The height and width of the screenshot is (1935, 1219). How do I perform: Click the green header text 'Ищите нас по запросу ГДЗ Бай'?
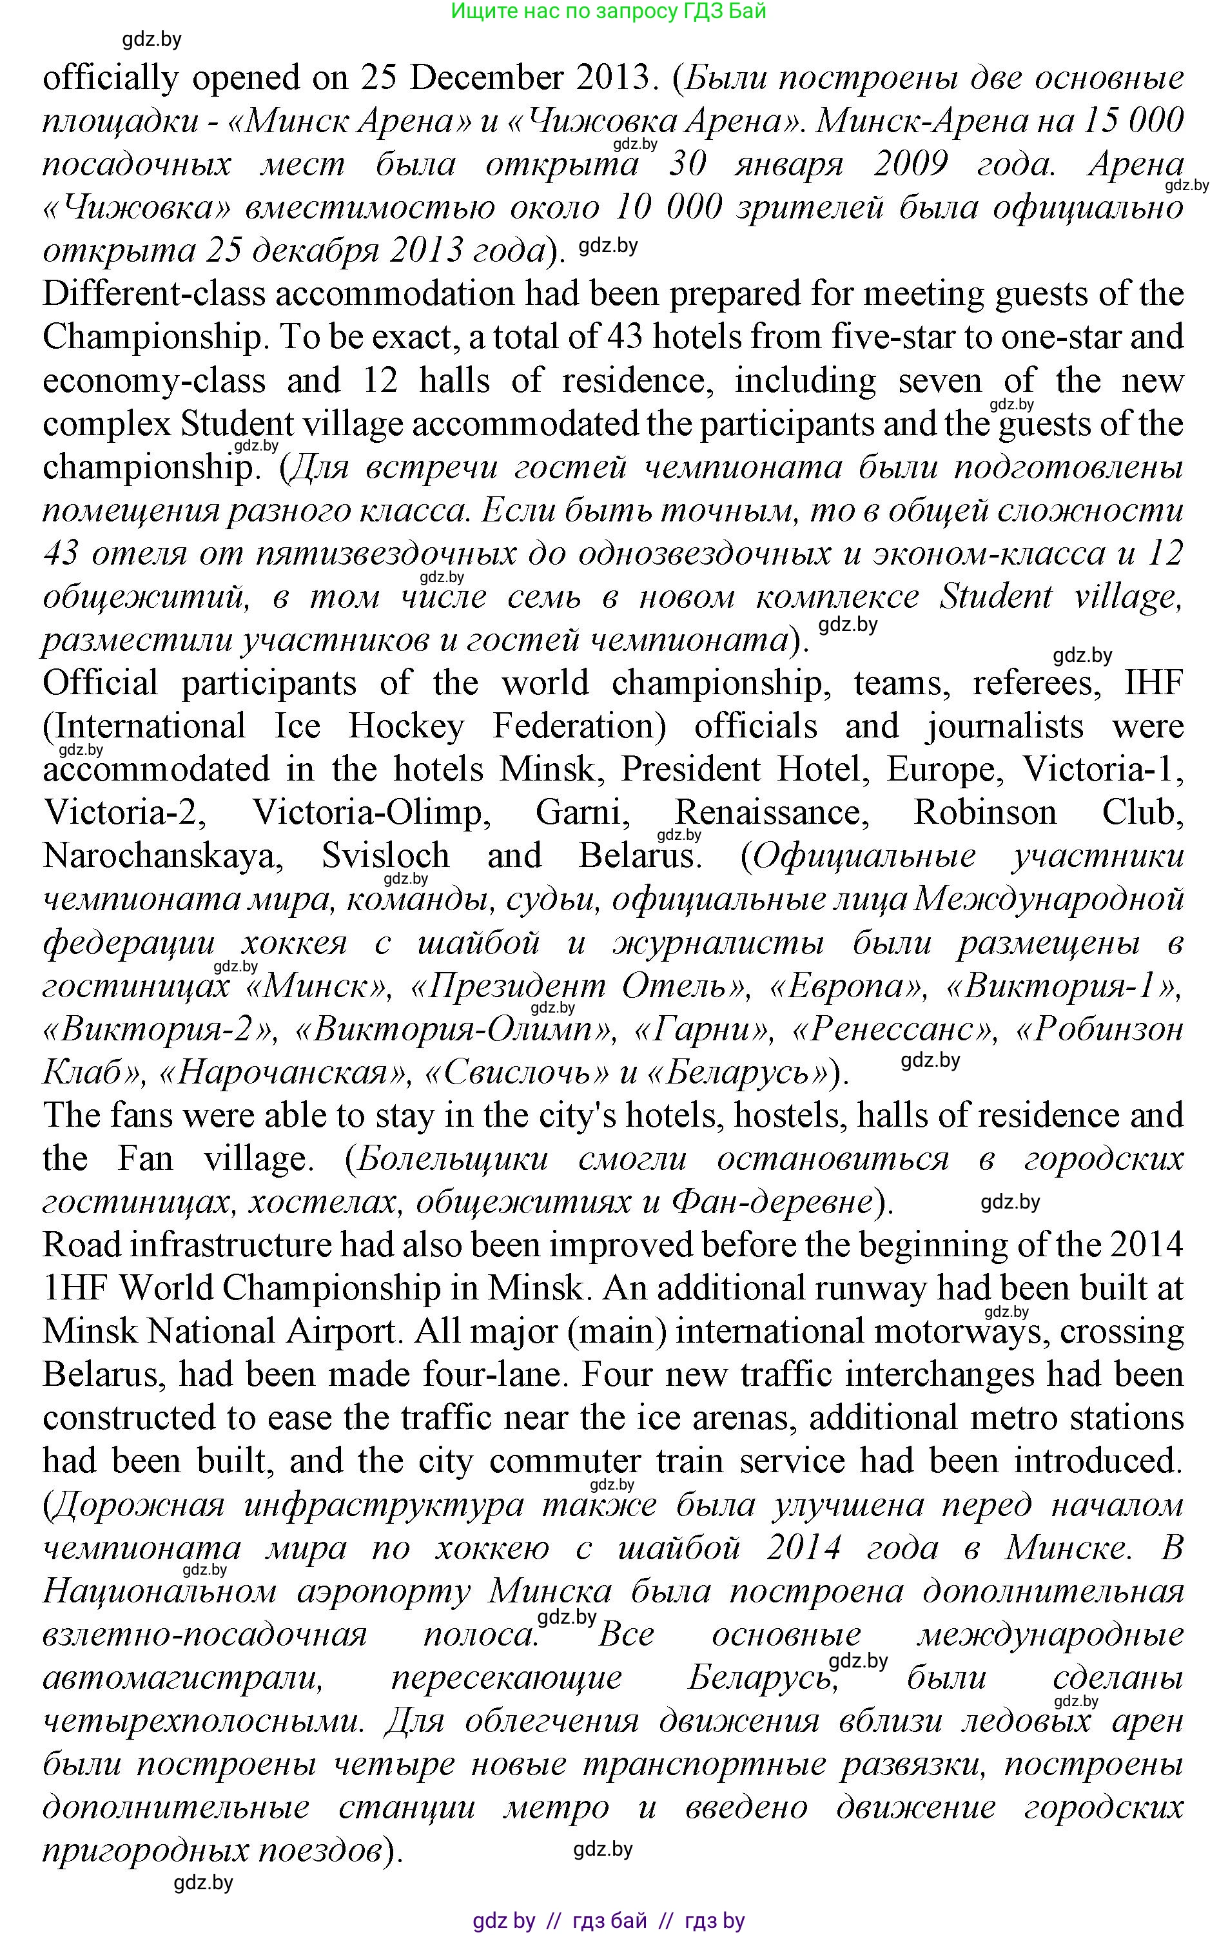click(x=609, y=11)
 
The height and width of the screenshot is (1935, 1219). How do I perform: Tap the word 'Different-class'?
click(x=153, y=294)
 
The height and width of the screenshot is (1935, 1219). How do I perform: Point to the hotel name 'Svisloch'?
click(x=385, y=857)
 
